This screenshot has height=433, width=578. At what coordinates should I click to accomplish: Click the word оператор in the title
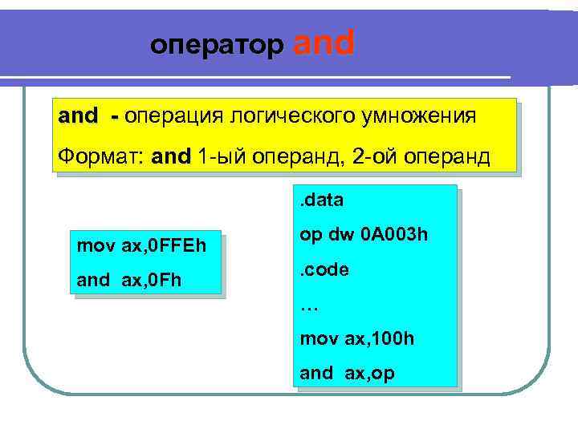(217, 47)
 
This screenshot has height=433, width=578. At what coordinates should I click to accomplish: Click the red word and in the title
(324, 43)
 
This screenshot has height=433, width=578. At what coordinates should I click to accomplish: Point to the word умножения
(416, 117)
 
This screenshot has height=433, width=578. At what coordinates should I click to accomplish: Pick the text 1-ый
(221, 155)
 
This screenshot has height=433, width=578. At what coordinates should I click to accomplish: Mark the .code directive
(324, 270)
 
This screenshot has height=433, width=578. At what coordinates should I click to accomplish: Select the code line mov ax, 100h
(357, 338)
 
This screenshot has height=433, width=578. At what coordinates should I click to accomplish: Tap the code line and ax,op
(347, 373)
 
